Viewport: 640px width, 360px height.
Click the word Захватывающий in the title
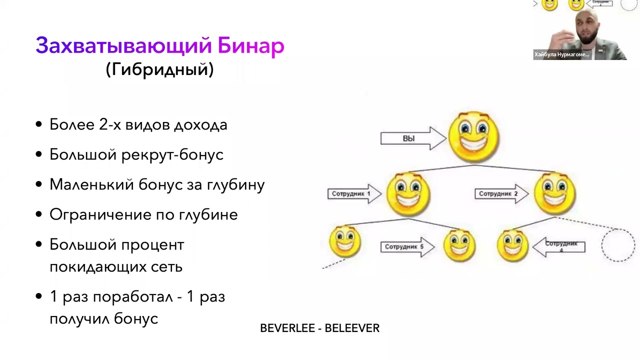coord(124,46)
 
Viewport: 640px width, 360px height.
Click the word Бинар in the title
coord(251,46)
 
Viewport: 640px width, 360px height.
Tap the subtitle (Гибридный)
coord(159,69)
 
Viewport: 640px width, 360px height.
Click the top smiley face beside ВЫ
coord(473,136)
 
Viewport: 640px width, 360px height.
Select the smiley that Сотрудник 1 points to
coord(408,194)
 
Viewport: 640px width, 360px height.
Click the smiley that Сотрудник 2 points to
coord(555,193)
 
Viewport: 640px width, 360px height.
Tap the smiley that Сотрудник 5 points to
coord(459,245)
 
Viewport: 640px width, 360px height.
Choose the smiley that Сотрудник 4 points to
coord(512,245)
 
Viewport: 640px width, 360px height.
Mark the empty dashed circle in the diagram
coord(618,245)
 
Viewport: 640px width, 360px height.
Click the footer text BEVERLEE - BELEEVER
coord(319,328)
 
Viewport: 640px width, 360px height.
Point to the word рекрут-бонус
coord(172,154)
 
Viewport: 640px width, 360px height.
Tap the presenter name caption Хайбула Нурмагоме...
coord(562,54)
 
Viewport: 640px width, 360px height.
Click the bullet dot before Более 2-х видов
coord(39,125)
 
